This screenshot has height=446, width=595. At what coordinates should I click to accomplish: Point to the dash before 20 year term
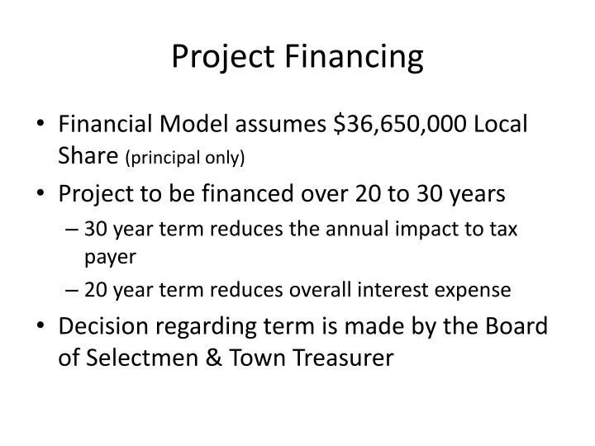tap(73, 290)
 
